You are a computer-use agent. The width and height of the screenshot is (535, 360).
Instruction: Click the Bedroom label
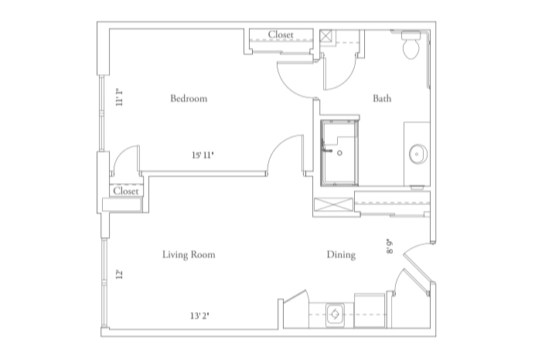tap(189, 99)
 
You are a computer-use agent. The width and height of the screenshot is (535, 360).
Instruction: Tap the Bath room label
tap(382, 99)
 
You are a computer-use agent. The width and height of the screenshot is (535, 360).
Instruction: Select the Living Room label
tap(189, 255)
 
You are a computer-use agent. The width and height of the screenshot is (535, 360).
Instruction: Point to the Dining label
tap(341, 255)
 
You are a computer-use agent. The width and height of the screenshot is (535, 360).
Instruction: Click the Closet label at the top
tap(280, 35)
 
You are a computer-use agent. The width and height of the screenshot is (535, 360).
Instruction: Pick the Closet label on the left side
tap(125, 191)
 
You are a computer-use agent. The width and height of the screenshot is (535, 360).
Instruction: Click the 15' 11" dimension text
tap(203, 155)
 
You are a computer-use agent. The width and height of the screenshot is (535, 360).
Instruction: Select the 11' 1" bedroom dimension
tap(120, 100)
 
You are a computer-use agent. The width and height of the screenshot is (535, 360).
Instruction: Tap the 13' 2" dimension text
tap(201, 315)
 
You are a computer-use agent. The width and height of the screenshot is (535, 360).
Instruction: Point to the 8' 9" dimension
tap(390, 246)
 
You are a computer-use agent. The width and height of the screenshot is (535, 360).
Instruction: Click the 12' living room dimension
tap(120, 275)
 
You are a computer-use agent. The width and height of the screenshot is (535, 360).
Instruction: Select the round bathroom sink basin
tap(417, 153)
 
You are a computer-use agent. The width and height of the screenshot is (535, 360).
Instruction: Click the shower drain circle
tap(339, 153)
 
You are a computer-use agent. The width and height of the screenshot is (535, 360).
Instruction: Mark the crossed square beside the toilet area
tap(327, 36)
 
